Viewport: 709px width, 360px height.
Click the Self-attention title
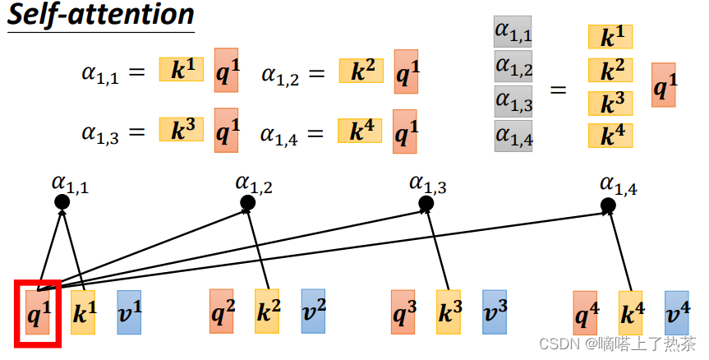(100, 15)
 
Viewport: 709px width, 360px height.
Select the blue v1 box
(129, 312)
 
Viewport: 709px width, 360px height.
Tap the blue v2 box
(313, 312)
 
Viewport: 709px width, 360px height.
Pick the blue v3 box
(494, 312)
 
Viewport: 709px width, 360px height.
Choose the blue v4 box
(676, 313)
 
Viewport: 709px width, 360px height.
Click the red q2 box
(221, 312)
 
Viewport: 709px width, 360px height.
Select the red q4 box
(585, 313)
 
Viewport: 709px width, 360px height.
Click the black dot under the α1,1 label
(62, 202)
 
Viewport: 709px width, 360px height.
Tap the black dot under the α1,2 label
(246, 202)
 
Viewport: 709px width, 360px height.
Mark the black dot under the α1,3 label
(426, 202)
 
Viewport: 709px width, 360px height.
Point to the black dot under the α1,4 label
(608, 204)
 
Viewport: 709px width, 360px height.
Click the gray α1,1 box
(513, 32)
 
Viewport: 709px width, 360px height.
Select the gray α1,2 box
(513, 67)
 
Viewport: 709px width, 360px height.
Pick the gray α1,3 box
(513, 101)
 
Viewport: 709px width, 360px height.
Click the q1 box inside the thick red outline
(37, 312)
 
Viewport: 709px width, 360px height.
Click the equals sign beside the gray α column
(558, 87)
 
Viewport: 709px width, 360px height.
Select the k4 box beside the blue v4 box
(630, 313)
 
